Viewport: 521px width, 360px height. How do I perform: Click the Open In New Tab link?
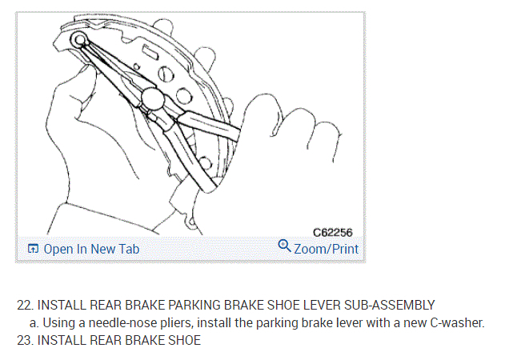click(90, 249)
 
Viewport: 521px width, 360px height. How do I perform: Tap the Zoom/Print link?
click(326, 249)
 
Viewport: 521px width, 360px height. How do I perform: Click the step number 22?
click(24, 305)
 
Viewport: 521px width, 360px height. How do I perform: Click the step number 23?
click(24, 340)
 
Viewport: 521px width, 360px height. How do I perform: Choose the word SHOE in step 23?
click(184, 340)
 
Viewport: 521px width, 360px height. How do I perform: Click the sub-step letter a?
click(35, 322)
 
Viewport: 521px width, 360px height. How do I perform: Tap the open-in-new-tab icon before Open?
click(33, 249)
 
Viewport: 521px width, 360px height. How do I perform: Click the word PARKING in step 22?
click(187, 305)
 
